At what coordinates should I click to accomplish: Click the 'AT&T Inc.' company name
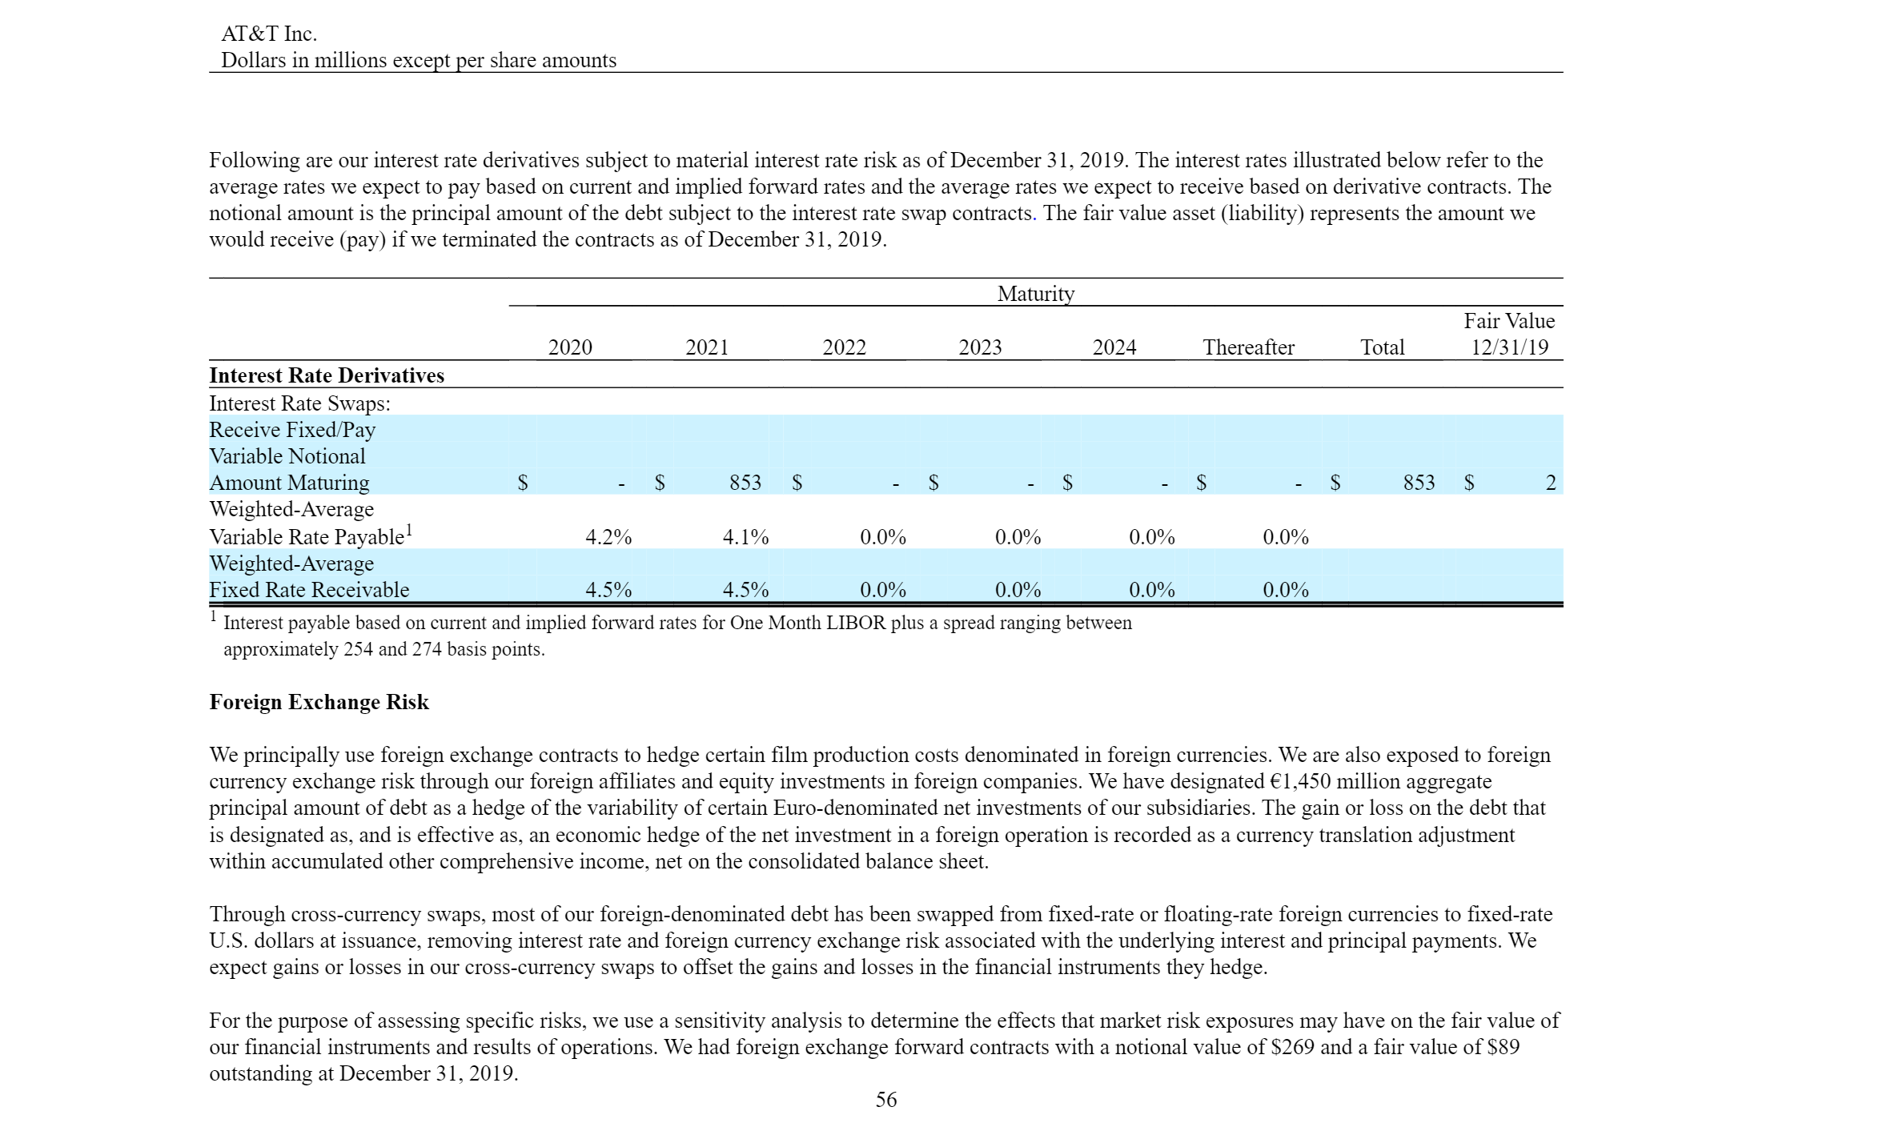(268, 34)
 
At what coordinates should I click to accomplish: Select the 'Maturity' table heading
(1035, 294)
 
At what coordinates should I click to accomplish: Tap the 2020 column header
(570, 347)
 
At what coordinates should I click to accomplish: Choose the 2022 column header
(844, 347)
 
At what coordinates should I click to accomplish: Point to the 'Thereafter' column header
(1248, 347)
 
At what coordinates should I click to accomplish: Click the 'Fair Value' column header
(1509, 321)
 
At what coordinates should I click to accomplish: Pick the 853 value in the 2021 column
(745, 483)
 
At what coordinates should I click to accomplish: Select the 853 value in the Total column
(1419, 483)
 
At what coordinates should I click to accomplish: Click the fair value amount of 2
(1550, 483)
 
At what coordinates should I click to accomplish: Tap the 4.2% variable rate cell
(608, 537)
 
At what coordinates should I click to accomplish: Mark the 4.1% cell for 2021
(745, 537)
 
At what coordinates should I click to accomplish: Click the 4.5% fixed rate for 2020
(608, 590)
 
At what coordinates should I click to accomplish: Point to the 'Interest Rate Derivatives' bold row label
(327, 375)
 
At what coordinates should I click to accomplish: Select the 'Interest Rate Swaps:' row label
(299, 403)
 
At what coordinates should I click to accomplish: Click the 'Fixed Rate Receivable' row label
(309, 590)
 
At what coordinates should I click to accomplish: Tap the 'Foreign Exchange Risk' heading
(319, 702)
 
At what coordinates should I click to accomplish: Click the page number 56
(886, 1100)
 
